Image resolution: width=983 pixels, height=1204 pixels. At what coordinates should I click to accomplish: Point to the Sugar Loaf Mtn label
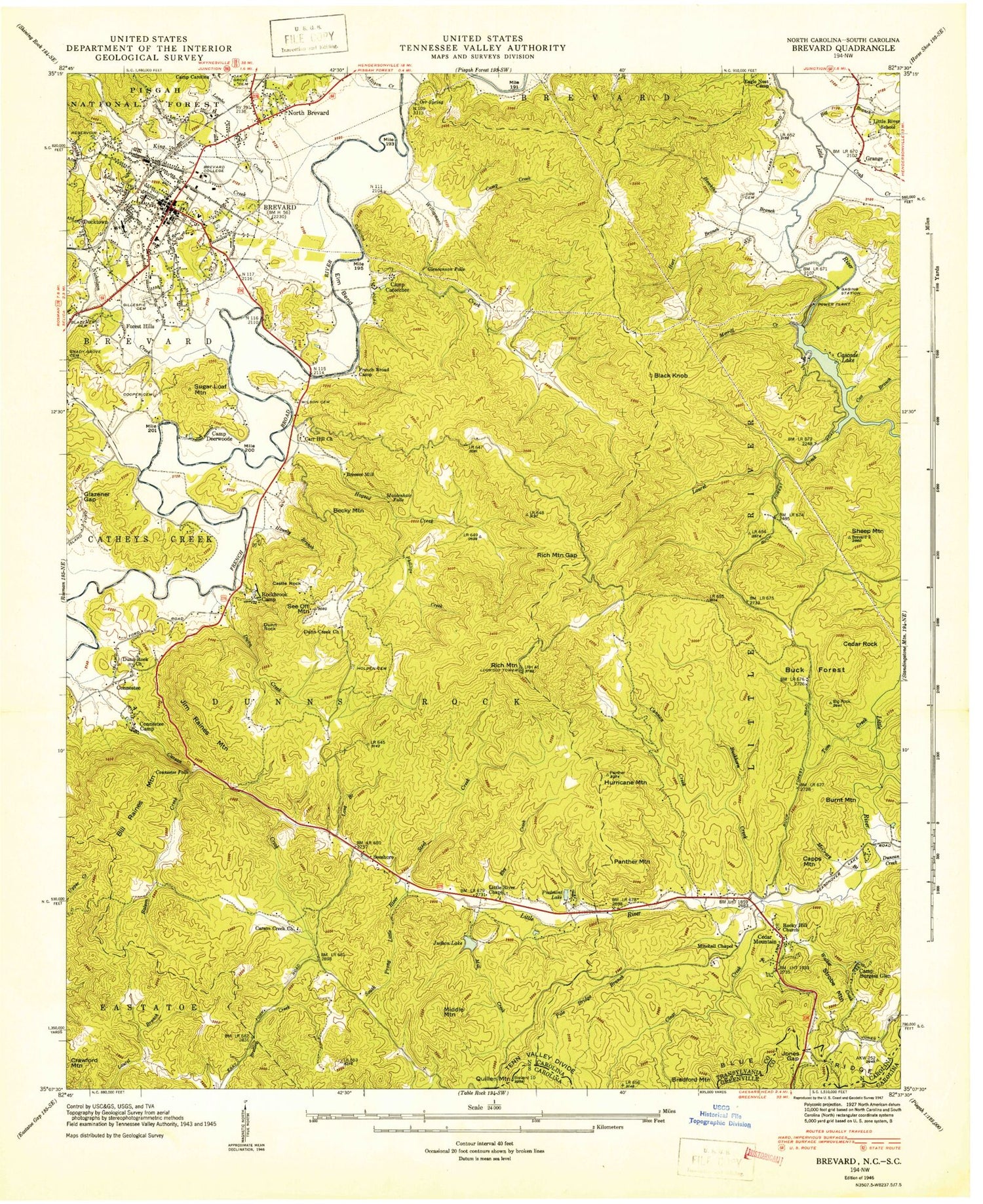pos(210,392)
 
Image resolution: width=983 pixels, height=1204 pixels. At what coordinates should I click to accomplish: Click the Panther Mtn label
pos(632,861)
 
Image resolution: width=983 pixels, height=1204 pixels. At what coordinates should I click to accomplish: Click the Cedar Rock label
pos(859,644)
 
